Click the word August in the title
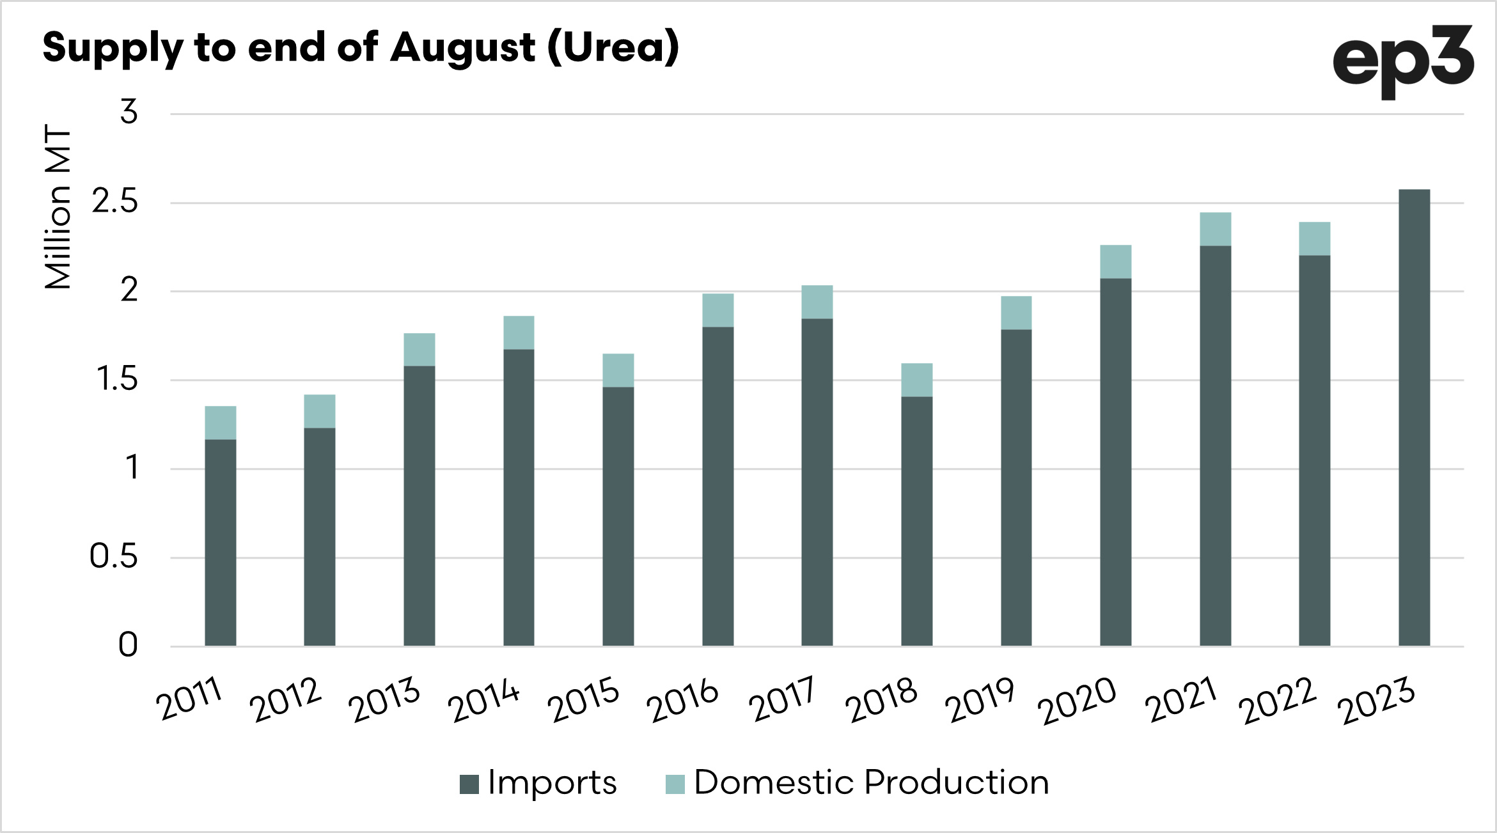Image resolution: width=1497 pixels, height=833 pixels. [x=462, y=49]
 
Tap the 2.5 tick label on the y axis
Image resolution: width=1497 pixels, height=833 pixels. [x=115, y=202]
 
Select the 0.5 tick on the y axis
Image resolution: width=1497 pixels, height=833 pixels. [x=114, y=557]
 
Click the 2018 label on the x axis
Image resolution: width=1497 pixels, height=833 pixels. [x=881, y=699]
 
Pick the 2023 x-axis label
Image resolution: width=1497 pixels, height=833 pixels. [x=1376, y=699]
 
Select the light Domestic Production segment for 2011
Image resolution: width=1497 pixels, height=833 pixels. [x=221, y=423]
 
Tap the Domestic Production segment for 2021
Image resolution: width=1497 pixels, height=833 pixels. [x=1215, y=229]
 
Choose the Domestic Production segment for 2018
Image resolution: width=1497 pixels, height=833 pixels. [x=916, y=380]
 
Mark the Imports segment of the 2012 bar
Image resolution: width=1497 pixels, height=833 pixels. [x=320, y=536]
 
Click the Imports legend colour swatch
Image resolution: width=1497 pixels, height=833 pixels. [x=469, y=784]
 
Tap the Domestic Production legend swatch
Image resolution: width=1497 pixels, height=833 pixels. [x=675, y=784]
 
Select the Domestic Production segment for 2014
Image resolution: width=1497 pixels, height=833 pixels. [x=519, y=332]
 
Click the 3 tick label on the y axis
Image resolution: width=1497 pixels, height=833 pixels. [x=129, y=113]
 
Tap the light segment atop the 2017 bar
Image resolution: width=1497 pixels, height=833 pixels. [x=817, y=302]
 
